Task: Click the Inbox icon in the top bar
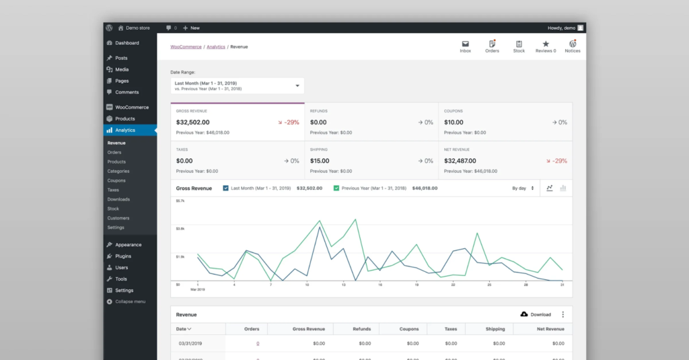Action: (x=465, y=44)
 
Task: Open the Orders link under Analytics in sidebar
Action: (x=114, y=152)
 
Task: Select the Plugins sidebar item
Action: (x=123, y=256)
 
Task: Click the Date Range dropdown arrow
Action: (x=297, y=85)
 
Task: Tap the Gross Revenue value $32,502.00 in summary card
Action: (x=193, y=122)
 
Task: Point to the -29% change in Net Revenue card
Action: (x=556, y=161)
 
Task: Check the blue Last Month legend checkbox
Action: (x=225, y=188)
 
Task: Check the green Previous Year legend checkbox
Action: (x=336, y=188)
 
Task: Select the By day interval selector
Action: (x=523, y=188)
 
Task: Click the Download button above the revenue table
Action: (x=536, y=314)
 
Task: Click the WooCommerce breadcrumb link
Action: (x=186, y=47)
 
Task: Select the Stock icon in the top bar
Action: (x=519, y=44)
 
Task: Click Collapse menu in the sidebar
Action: (x=130, y=301)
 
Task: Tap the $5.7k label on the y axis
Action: (x=180, y=201)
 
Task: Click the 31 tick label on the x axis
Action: (x=562, y=285)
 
